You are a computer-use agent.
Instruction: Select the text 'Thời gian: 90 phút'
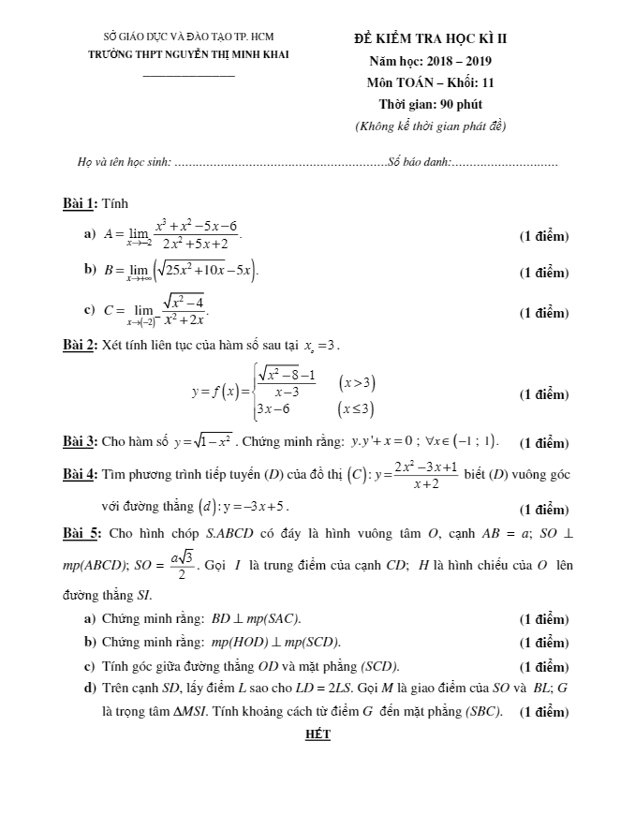pos(430,104)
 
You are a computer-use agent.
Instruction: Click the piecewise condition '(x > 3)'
pos(358,382)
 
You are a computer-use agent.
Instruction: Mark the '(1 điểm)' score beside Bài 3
pos(543,443)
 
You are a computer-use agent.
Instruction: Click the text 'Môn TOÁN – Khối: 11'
pos(430,82)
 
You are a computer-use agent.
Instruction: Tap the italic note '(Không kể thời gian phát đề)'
pos(430,126)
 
